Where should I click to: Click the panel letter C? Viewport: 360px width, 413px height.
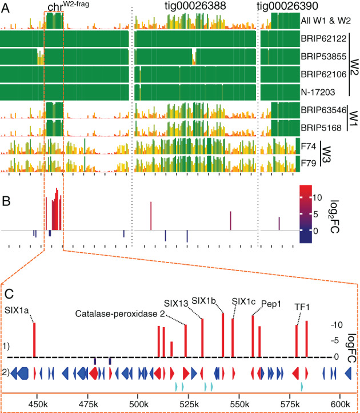pos(9,293)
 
